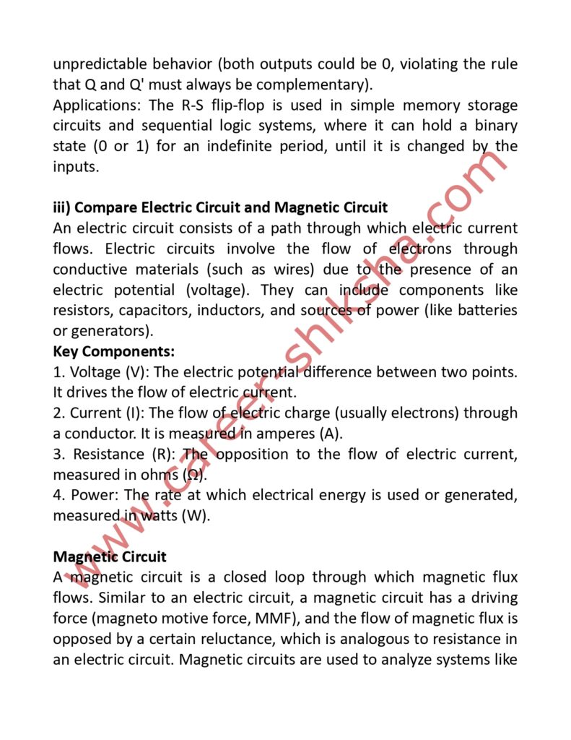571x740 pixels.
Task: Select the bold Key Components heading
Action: pos(113,351)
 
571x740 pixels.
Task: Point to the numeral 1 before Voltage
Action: pos(57,372)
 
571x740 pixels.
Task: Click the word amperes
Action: pos(280,434)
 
